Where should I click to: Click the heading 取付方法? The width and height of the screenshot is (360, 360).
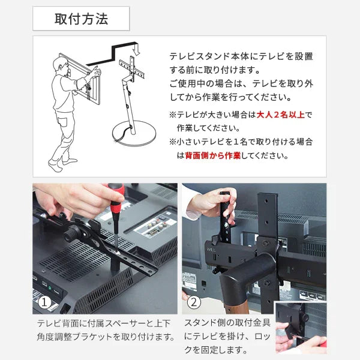click(81, 19)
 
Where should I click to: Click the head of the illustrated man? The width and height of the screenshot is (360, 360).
click(60, 64)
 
